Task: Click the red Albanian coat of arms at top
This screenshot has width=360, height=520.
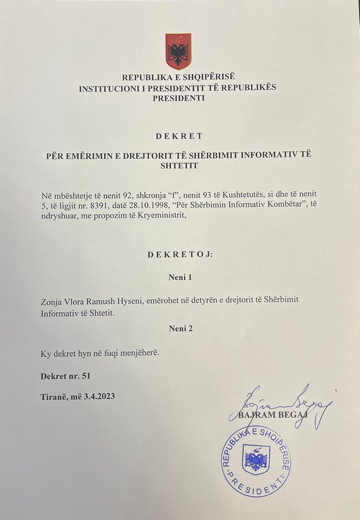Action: pyautogui.click(x=178, y=51)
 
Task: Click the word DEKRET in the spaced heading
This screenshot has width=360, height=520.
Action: pyautogui.click(x=178, y=136)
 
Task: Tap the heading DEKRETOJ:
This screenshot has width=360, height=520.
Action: pyautogui.click(x=180, y=255)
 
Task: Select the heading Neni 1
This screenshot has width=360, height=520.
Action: pyautogui.click(x=180, y=277)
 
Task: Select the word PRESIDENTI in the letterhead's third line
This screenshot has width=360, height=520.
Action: pyautogui.click(x=179, y=97)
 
